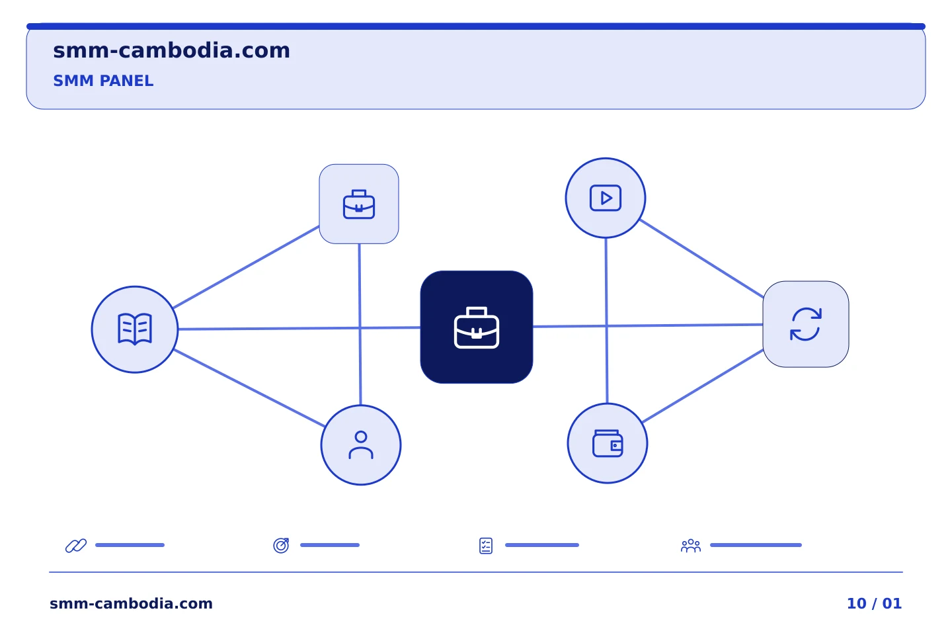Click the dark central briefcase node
[477, 327]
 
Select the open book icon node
[135, 329]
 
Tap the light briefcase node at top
[359, 204]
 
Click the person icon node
[361, 445]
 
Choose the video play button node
[606, 198]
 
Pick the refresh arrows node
[806, 324]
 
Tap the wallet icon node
[608, 443]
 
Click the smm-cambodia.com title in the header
[171, 51]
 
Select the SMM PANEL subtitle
[103, 81]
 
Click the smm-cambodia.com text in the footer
[131, 603]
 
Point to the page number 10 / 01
[874, 603]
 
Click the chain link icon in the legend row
[76, 545]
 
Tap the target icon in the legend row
[282, 545]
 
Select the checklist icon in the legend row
[486, 546]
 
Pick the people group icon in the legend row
[691, 545]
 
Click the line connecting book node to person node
[249, 388]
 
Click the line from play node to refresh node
[701, 258]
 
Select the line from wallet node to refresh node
[703, 386]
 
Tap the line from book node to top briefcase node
[246, 267]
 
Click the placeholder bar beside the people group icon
[756, 545]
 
